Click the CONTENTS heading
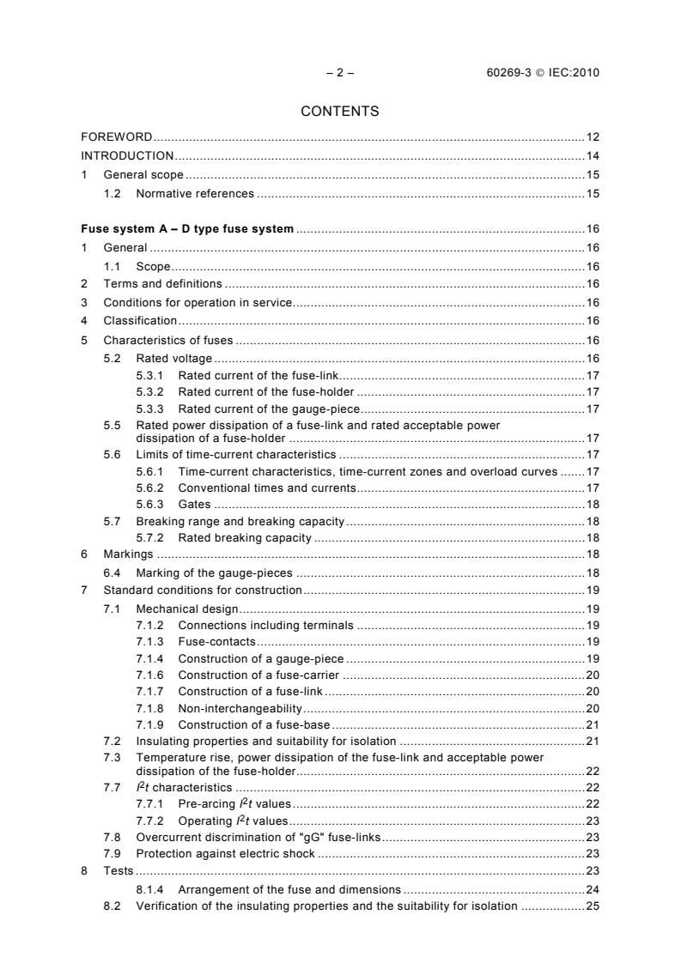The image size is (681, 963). pyautogui.click(x=340, y=111)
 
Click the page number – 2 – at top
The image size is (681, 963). pyautogui.click(x=340, y=72)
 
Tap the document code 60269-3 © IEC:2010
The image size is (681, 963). pyautogui.click(x=543, y=72)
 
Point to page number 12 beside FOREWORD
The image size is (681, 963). pyautogui.click(x=593, y=137)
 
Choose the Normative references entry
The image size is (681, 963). pyautogui.click(x=195, y=194)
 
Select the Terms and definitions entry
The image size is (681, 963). pyautogui.click(x=162, y=283)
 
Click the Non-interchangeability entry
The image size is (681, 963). pyautogui.click(x=240, y=708)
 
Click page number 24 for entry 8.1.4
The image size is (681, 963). pyautogui.click(x=593, y=889)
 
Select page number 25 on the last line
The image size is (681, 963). pyautogui.click(x=593, y=906)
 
